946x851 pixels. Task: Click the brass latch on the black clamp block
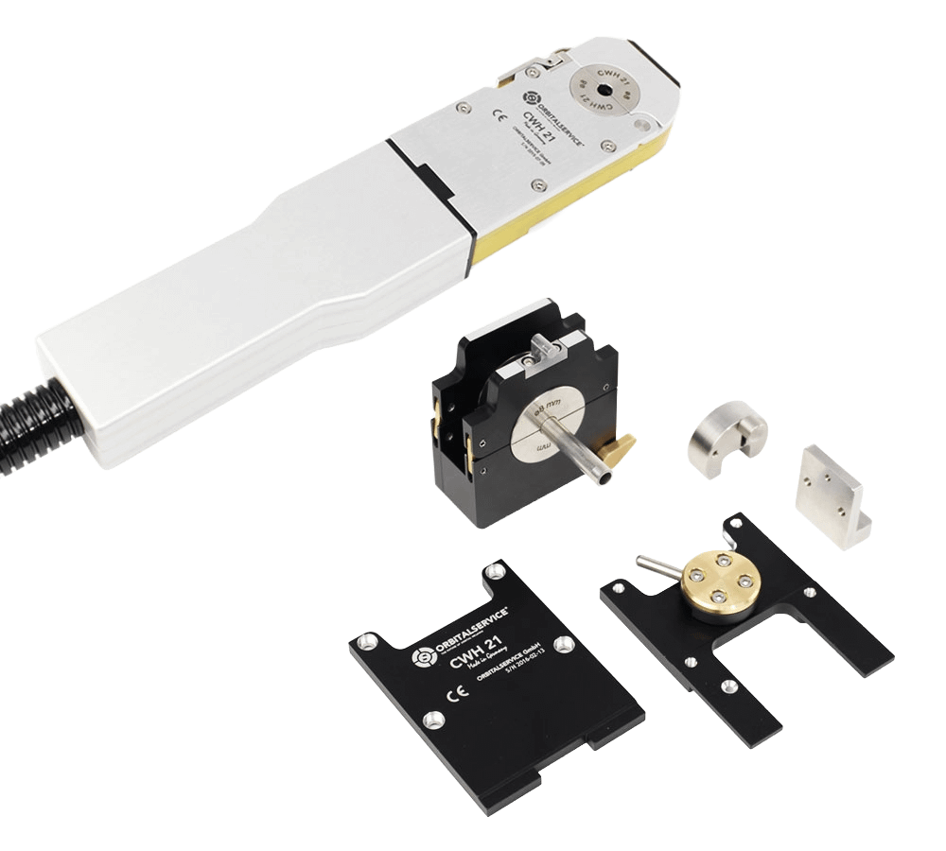click(621, 442)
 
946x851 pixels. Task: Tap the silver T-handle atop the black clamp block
click(544, 354)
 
